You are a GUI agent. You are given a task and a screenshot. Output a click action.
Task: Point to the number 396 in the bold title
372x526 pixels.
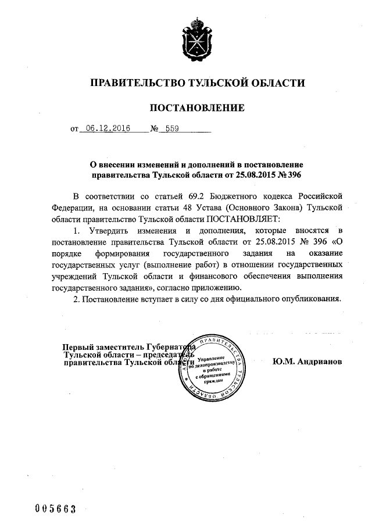tap(295, 174)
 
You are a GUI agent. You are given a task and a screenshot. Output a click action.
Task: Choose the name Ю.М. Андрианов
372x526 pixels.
tap(307, 361)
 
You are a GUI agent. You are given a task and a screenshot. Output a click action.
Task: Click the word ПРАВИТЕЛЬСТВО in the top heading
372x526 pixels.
tap(134, 83)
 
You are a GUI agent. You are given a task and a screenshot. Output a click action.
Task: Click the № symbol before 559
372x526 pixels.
tap(155, 129)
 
